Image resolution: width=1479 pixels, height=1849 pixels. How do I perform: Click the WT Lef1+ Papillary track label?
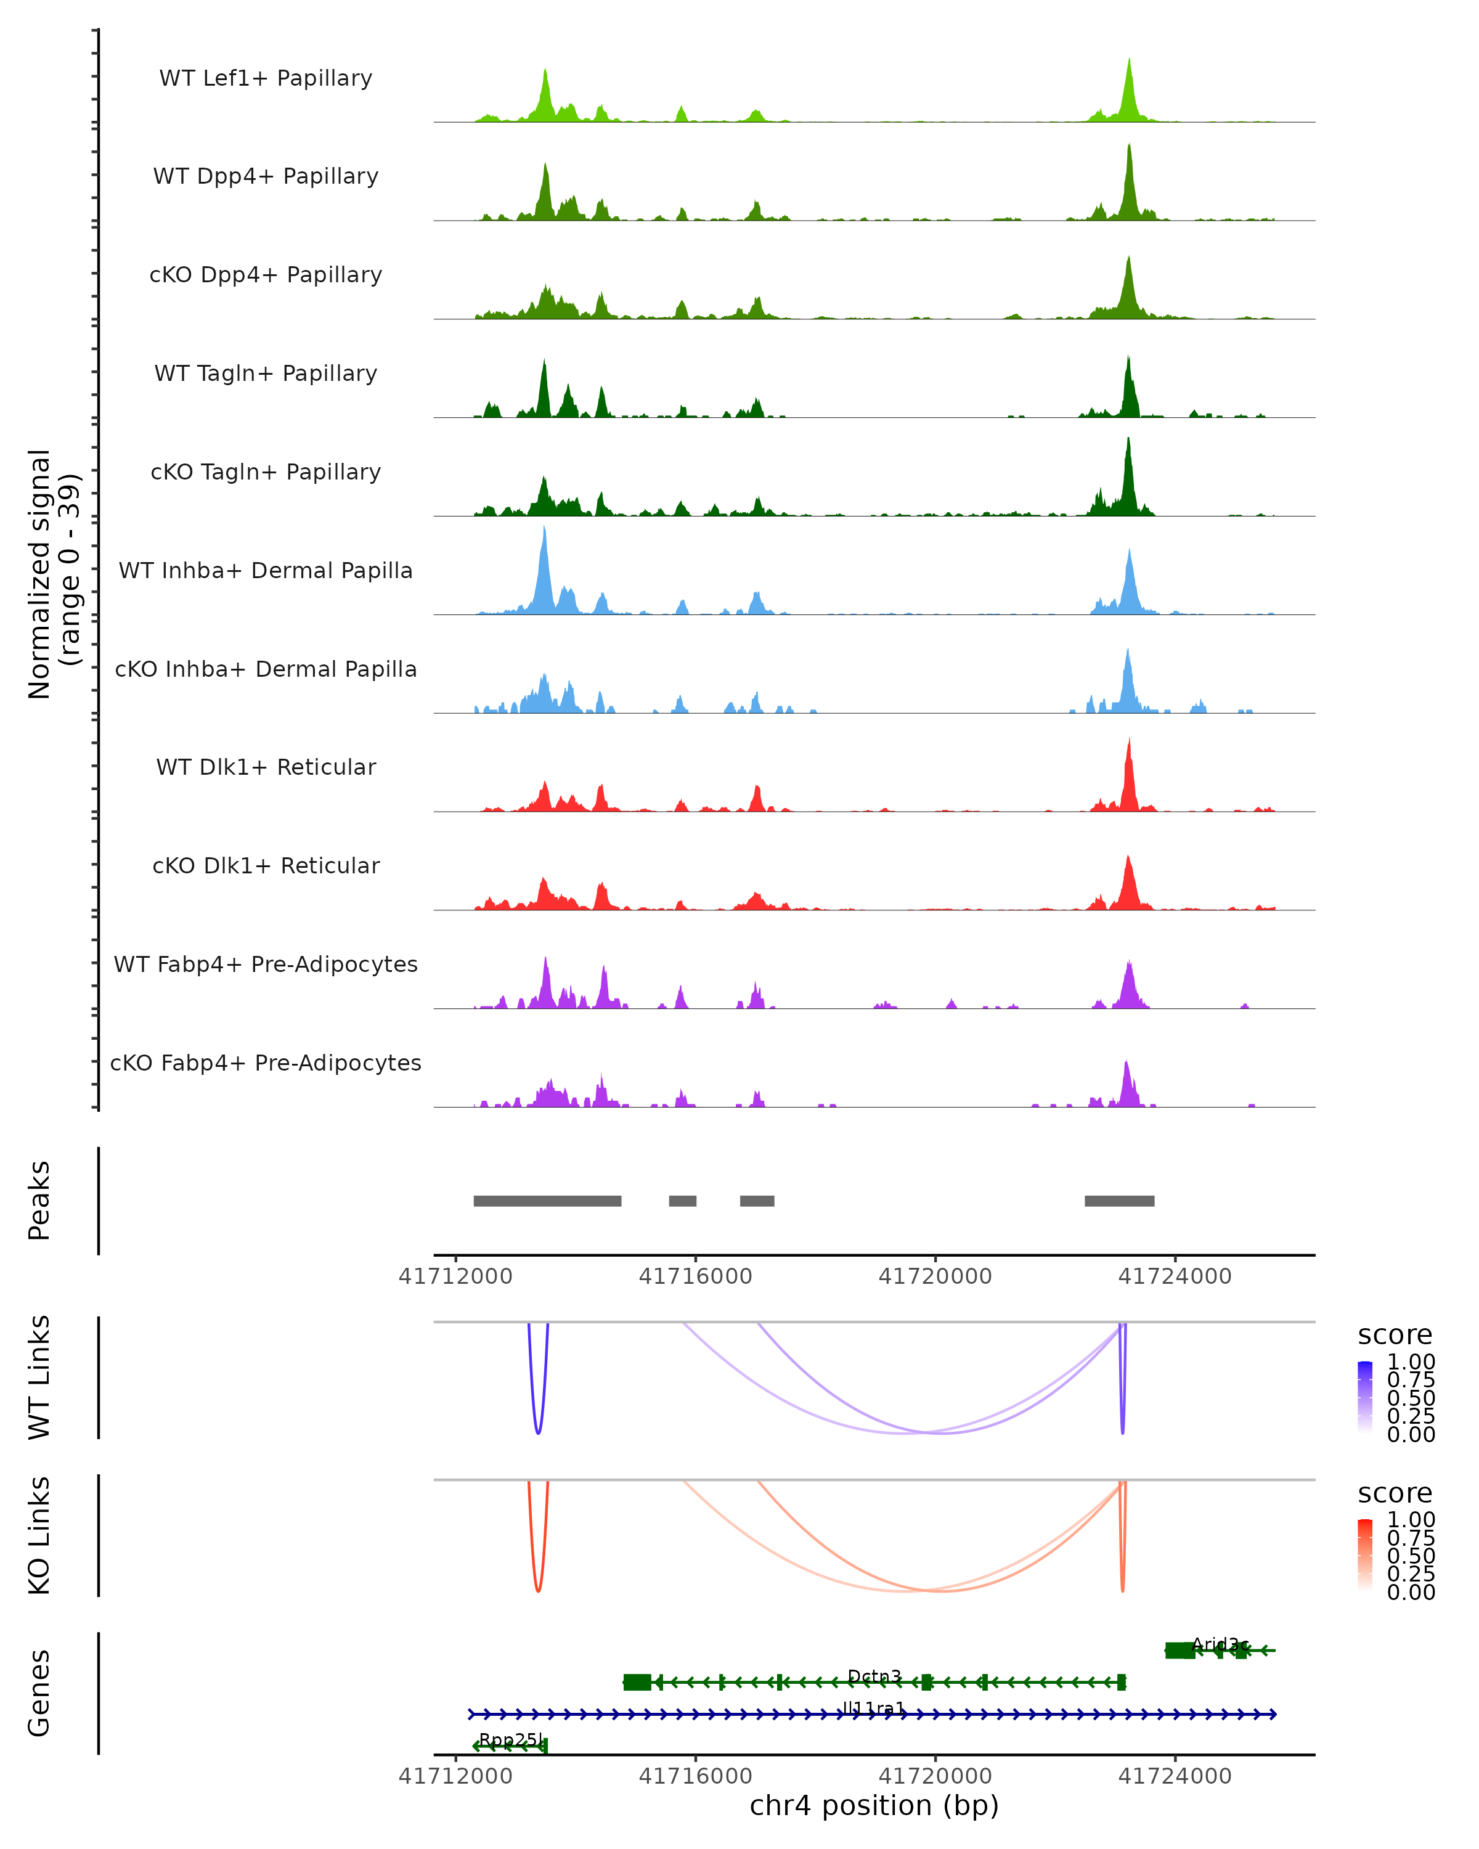pos(266,78)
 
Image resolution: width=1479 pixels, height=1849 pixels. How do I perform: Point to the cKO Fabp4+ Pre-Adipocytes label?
pos(266,1063)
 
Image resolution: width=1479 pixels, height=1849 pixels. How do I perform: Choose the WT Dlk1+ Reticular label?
pos(266,767)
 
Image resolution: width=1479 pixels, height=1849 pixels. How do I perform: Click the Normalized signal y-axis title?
pos(53,574)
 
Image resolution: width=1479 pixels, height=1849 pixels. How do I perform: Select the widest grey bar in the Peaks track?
pos(547,1201)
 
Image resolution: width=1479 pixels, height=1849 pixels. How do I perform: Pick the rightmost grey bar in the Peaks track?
pos(1119,1201)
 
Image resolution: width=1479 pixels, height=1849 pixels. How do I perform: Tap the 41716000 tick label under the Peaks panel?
pos(695,1276)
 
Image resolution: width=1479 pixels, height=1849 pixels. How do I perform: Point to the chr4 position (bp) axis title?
pos(874,1805)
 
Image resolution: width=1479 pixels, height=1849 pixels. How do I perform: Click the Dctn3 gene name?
pos(874,1676)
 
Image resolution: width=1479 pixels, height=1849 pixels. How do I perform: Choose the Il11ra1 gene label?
pos(874,1708)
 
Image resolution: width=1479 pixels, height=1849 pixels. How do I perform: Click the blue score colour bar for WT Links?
pos(1365,1397)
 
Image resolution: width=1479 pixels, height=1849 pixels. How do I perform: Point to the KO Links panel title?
pos(39,1535)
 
